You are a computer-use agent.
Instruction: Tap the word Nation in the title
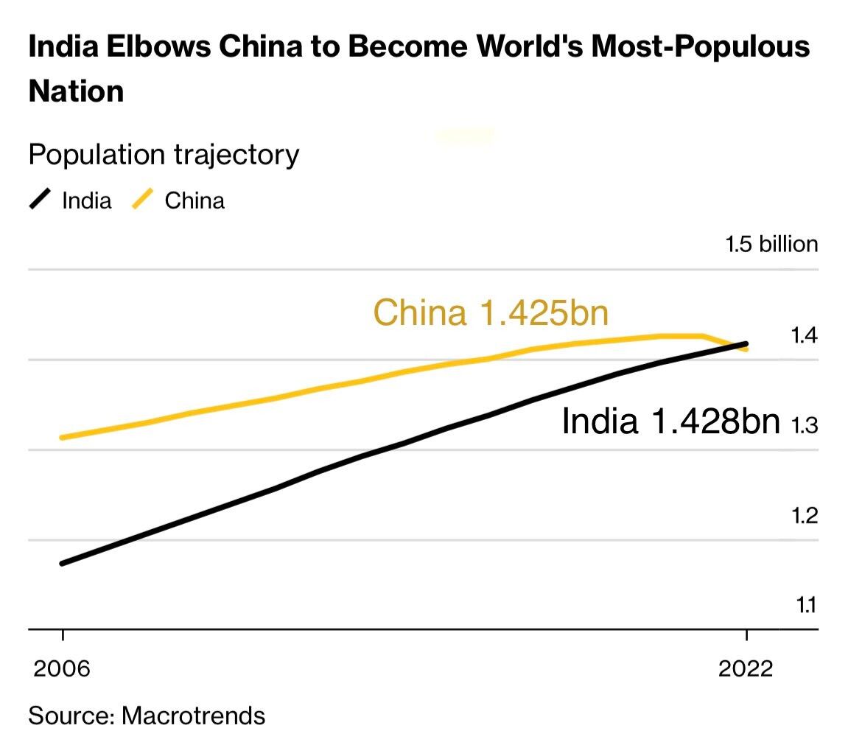pos(76,91)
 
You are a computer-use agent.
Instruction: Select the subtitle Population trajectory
pos(164,155)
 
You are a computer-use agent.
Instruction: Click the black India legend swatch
pos(41,200)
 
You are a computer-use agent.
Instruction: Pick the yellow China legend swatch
pos(143,200)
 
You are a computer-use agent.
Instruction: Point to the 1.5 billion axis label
pos(771,245)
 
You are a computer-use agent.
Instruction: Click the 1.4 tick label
pos(804,336)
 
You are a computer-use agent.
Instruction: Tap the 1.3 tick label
pos(804,425)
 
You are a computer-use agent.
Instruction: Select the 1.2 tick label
pos(804,515)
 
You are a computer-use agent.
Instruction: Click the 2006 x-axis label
pos(62,668)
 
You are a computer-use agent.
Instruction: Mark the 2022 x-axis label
pos(746,668)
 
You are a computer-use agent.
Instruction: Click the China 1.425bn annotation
pos(491,312)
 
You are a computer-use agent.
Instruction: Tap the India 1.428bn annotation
pos(670,422)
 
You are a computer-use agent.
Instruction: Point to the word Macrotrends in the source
pos(193,714)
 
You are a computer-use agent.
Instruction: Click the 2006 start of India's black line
pos(63,564)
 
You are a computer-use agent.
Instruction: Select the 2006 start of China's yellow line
pos(63,438)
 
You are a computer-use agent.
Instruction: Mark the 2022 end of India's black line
pos(746,343)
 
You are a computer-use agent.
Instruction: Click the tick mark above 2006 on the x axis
pos(63,636)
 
